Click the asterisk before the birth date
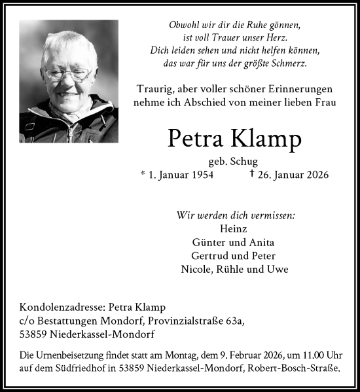[x=143, y=175]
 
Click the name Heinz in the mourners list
[x=234, y=228]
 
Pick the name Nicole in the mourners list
[x=196, y=270]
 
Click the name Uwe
[x=280, y=270]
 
